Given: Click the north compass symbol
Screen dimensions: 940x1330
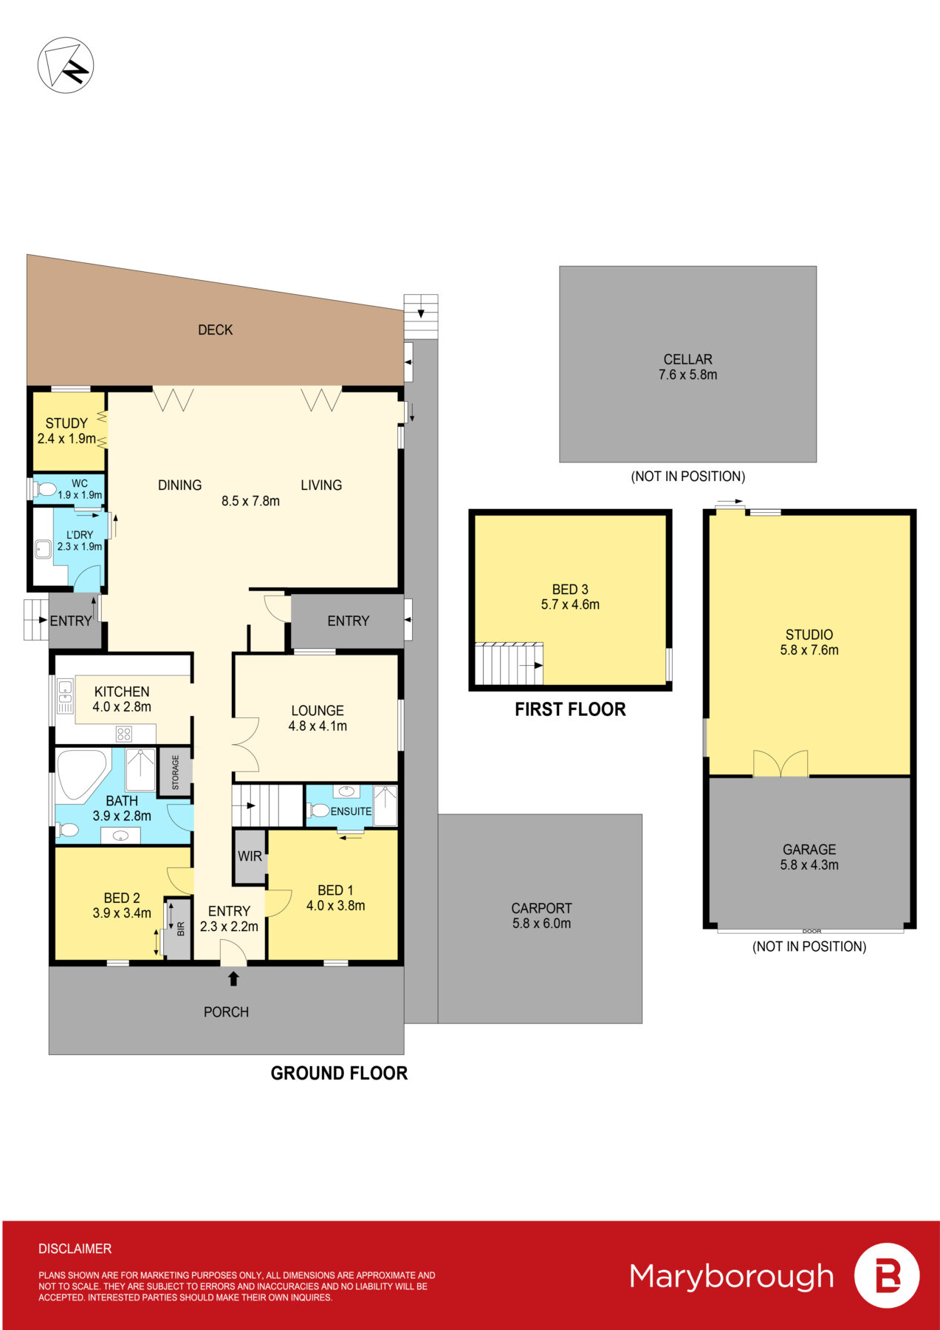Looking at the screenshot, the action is [x=66, y=65].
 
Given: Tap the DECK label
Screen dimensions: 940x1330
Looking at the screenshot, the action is [x=216, y=330].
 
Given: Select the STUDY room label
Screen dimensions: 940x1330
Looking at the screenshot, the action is [x=66, y=423].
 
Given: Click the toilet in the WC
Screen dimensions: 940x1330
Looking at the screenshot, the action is [x=45, y=488].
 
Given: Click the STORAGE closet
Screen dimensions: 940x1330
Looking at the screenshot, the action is [x=176, y=772].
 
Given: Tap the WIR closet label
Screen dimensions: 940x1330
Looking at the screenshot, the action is [x=250, y=856].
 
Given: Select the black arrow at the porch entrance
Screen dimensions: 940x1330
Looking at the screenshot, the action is [x=233, y=979].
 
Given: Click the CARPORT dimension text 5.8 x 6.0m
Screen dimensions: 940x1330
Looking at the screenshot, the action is [x=541, y=924].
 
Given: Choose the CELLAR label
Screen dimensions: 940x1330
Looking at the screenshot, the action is [x=687, y=359].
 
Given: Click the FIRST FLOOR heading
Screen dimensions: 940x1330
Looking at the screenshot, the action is [x=570, y=709].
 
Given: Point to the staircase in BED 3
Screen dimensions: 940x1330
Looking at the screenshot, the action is [x=509, y=664].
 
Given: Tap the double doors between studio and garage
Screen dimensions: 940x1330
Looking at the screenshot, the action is [x=781, y=763].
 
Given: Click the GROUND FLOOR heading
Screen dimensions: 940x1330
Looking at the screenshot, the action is [x=339, y=1073].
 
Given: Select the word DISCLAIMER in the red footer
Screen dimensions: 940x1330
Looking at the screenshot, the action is [x=75, y=1249].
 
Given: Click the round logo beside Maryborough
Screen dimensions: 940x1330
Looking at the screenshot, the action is [x=887, y=1276].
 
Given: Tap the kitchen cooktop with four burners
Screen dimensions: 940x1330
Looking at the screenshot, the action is [x=124, y=734].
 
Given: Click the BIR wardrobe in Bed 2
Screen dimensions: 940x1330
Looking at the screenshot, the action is [x=178, y=928].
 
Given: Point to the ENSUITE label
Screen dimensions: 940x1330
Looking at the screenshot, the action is [x=351, y=811].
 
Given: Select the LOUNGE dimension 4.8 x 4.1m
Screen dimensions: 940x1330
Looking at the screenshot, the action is [x=318, y=726].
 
